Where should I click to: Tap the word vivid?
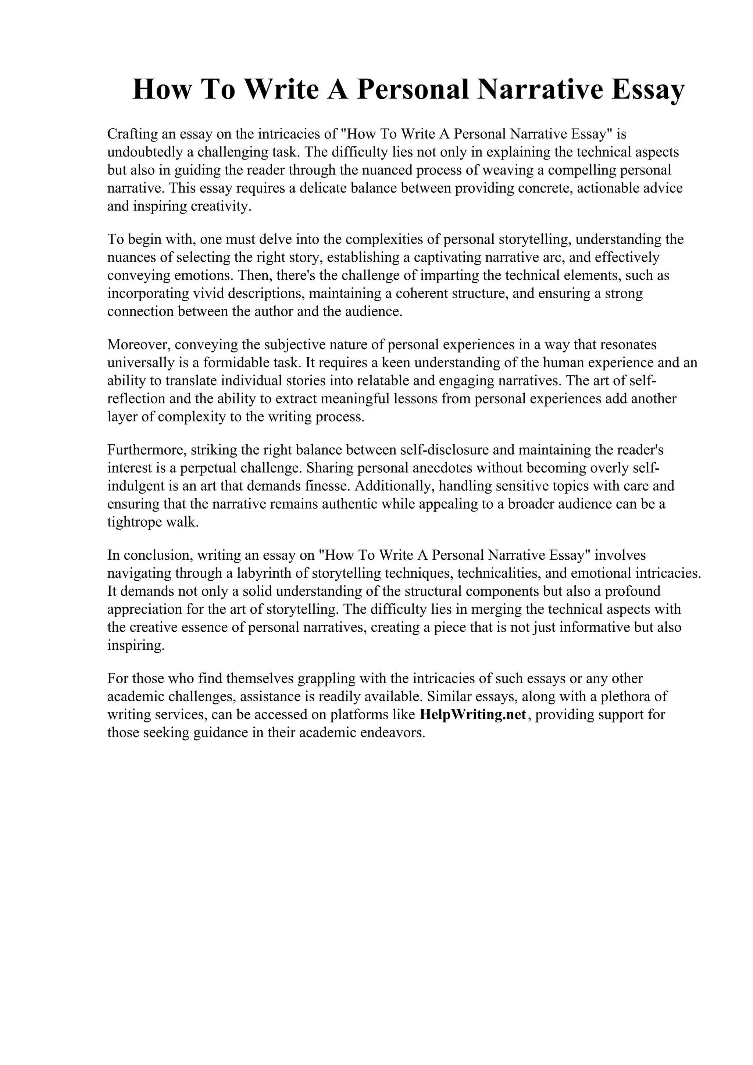(x=210, y=294)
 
